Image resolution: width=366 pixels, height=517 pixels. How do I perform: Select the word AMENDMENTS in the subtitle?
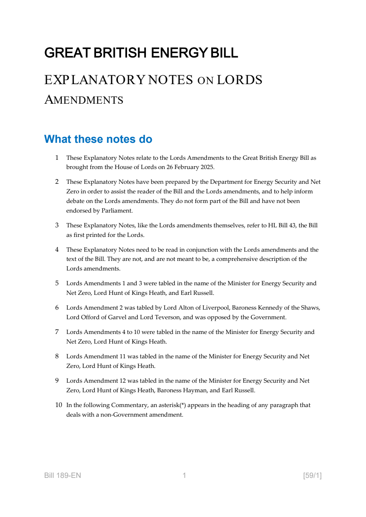[x=84, y=100]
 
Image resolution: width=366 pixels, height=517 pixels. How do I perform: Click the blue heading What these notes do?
[x=98, y=139]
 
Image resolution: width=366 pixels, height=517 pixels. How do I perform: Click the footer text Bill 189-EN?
[x=62, y=475]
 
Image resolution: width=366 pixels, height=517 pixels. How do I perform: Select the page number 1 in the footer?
[x=184, y=475]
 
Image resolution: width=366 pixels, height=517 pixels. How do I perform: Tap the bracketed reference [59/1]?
[x=312, y=475]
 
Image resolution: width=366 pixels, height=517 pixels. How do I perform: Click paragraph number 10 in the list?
[x=58, y=405]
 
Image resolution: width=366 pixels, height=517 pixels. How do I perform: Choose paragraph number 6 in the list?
[x=57, y=308]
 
